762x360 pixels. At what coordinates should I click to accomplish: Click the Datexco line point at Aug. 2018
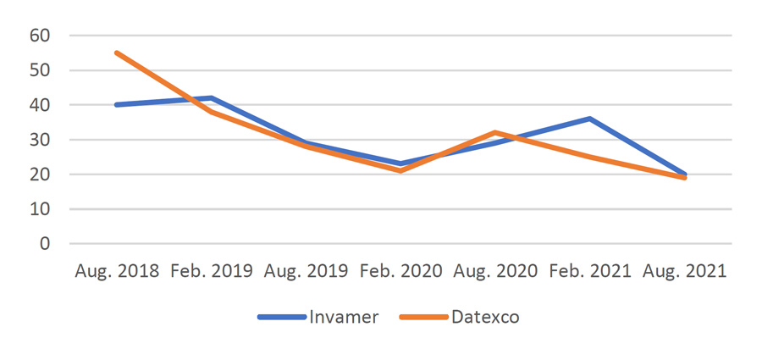(116, 53)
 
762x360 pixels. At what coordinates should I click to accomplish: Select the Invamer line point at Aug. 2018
(116, 105)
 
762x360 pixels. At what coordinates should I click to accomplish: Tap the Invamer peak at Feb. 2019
(211, 97)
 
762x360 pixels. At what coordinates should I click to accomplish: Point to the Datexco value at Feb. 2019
(211, 112)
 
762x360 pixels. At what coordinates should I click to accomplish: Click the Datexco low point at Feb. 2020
(400, 170)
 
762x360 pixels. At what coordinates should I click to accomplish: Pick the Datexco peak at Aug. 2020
(495, 133)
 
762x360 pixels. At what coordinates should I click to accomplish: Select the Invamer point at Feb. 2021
(590, 119)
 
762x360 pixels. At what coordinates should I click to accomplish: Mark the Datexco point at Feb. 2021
(590, 157)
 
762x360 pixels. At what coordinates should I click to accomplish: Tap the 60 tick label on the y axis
(40, 36)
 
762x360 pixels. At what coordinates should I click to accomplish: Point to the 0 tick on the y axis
(46, 244)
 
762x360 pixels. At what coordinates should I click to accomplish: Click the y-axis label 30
(40, 140)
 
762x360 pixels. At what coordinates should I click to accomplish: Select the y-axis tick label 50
(40, 70)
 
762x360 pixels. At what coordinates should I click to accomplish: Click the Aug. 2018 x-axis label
(116, 271)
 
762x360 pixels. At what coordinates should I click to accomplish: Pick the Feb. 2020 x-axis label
(400, 271)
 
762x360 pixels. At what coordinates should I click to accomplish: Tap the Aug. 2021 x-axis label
(685, 271)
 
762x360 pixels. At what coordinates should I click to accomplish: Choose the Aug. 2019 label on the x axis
(306, 271)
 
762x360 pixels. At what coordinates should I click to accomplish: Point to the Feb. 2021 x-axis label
(590, 271)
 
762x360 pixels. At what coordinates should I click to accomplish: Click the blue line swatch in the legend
(281, 317)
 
